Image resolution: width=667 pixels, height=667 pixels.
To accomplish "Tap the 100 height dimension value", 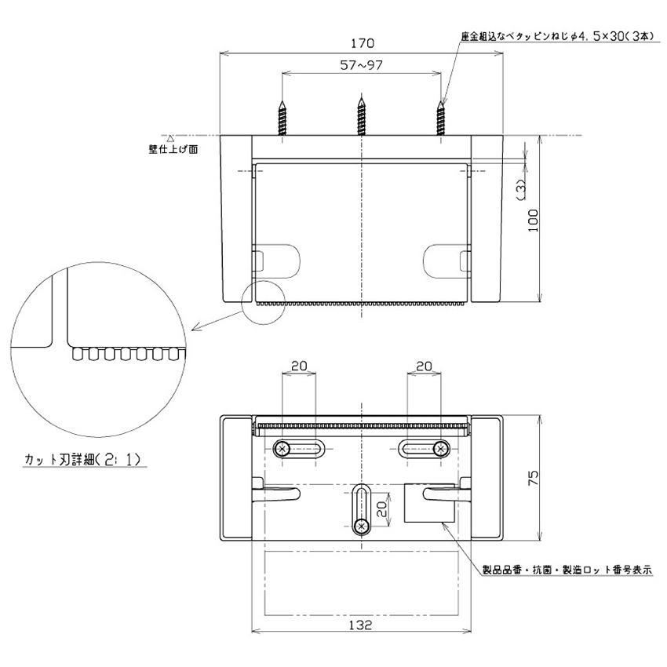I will click(x=535, y=219).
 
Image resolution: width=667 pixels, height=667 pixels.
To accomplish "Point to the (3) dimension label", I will click(x=520, y=189).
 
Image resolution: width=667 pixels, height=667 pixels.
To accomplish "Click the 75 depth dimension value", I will click(x=534, y=478).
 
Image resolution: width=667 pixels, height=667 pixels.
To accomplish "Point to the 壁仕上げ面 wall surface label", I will click(x=173, y=150).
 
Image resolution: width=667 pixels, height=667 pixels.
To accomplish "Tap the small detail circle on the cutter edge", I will click(x=260, y=300).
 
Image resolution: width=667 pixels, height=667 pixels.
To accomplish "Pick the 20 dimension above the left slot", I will click(x=298, y=366).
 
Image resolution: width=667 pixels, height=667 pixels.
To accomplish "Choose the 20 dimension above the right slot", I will click(x=424, y=366).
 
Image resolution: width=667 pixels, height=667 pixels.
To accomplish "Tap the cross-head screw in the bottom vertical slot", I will click(x=362, y=525).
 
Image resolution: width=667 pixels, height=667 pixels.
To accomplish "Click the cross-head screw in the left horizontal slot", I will click(x=282, y=448).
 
